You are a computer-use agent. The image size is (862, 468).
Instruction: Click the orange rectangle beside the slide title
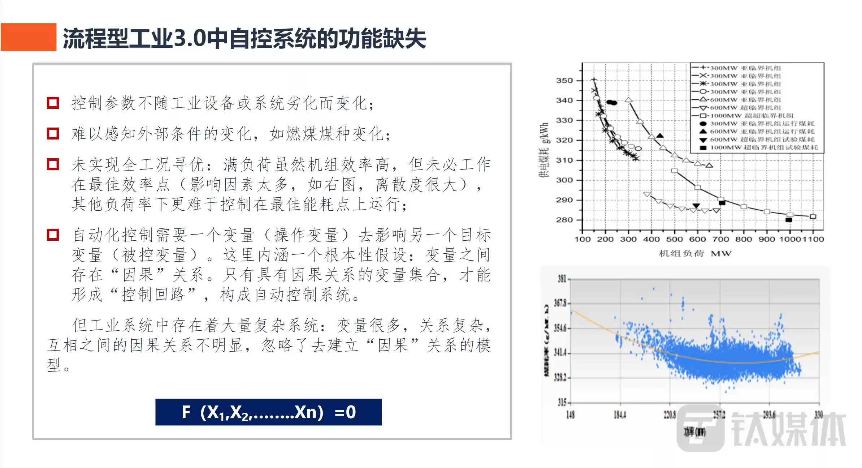[x=29, y=37]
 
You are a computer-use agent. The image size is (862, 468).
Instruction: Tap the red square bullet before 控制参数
[x=53, y=103]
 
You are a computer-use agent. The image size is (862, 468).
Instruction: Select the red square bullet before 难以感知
[x=53, y=134]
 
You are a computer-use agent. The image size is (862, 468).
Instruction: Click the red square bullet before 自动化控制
[x=53, y=235]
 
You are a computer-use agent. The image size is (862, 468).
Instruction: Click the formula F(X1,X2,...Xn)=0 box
[x=268, y=412]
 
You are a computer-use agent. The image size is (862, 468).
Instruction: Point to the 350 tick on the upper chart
[x=564, y=80]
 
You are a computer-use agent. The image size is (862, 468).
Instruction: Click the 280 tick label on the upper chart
[x=564, y=220]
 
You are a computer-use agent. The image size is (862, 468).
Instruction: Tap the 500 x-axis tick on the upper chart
[x=674, y=239]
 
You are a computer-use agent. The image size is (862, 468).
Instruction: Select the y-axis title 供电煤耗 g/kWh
[x=544, y=150]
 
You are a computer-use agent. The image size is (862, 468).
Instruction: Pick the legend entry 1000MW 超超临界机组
[x=751, y=116]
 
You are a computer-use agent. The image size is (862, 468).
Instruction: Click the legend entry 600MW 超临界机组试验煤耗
[x=762, y=139]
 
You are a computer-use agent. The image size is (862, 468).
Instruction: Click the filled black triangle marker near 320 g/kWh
[x=660, y=136]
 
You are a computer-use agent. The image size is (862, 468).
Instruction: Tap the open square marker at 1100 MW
[x=813, y=216]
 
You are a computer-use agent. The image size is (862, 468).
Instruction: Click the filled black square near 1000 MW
[x=789, y=220]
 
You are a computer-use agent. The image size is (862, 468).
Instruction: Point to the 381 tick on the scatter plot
[x=562, y=279]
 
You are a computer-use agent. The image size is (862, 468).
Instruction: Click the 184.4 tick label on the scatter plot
[x=620, y=415]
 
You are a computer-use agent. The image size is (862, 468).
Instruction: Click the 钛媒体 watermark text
[x=787, y=429]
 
